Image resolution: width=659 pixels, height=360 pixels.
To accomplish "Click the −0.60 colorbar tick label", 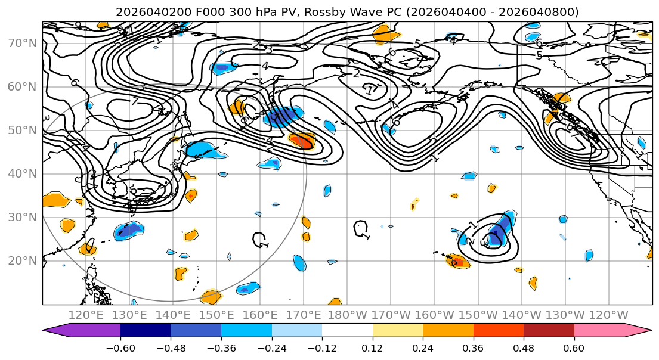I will (x=120, y=347).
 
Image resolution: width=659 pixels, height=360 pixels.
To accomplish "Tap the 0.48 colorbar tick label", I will (x=524, y=347).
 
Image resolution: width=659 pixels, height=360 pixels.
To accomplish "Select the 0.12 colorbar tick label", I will (x=373, y=347).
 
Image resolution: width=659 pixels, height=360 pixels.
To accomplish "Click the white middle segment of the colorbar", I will (x=347, y=331).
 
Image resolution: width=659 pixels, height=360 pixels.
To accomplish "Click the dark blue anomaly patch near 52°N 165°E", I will (x=281, y=116).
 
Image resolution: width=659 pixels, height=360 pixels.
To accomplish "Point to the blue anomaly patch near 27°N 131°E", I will (x=129, y=230).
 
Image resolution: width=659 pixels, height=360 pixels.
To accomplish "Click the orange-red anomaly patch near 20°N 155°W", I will (x=457, y=260).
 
